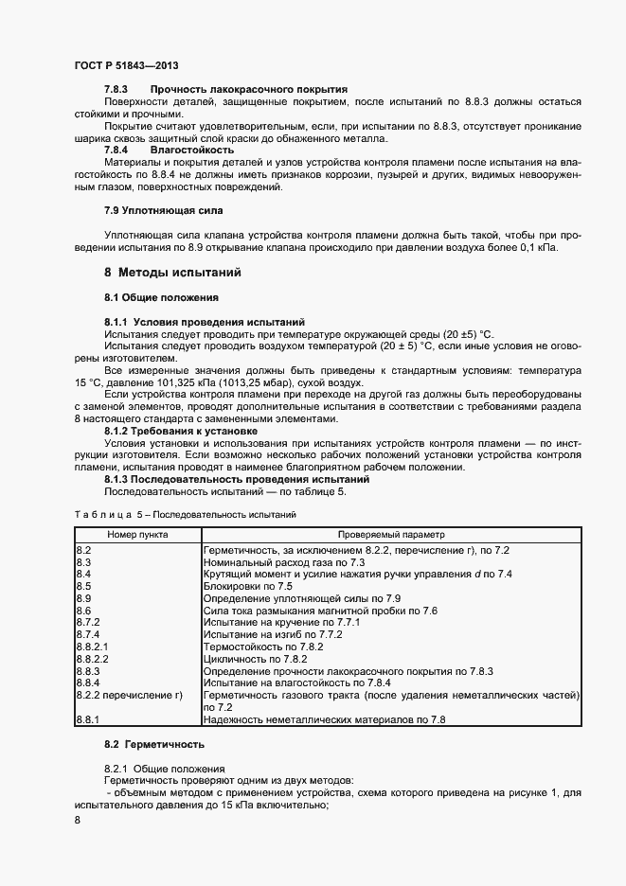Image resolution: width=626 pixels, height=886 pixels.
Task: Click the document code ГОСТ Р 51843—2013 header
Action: [126, 65]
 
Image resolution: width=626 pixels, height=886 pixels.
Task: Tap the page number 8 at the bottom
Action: [77, 821]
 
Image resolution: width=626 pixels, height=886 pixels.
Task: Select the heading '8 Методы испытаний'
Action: [172, 273]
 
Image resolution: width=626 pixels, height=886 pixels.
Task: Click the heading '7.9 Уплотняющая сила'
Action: [163, 209]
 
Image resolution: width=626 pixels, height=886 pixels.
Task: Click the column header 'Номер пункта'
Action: [137, 534]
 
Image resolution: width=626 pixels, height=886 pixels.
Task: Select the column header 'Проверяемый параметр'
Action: [390, 534]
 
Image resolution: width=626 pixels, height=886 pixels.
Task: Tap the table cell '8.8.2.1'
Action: [92, 647]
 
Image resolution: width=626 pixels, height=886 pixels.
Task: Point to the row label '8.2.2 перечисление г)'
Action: [129, 695]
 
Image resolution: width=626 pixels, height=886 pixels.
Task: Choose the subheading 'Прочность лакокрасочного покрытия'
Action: [248, 88]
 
